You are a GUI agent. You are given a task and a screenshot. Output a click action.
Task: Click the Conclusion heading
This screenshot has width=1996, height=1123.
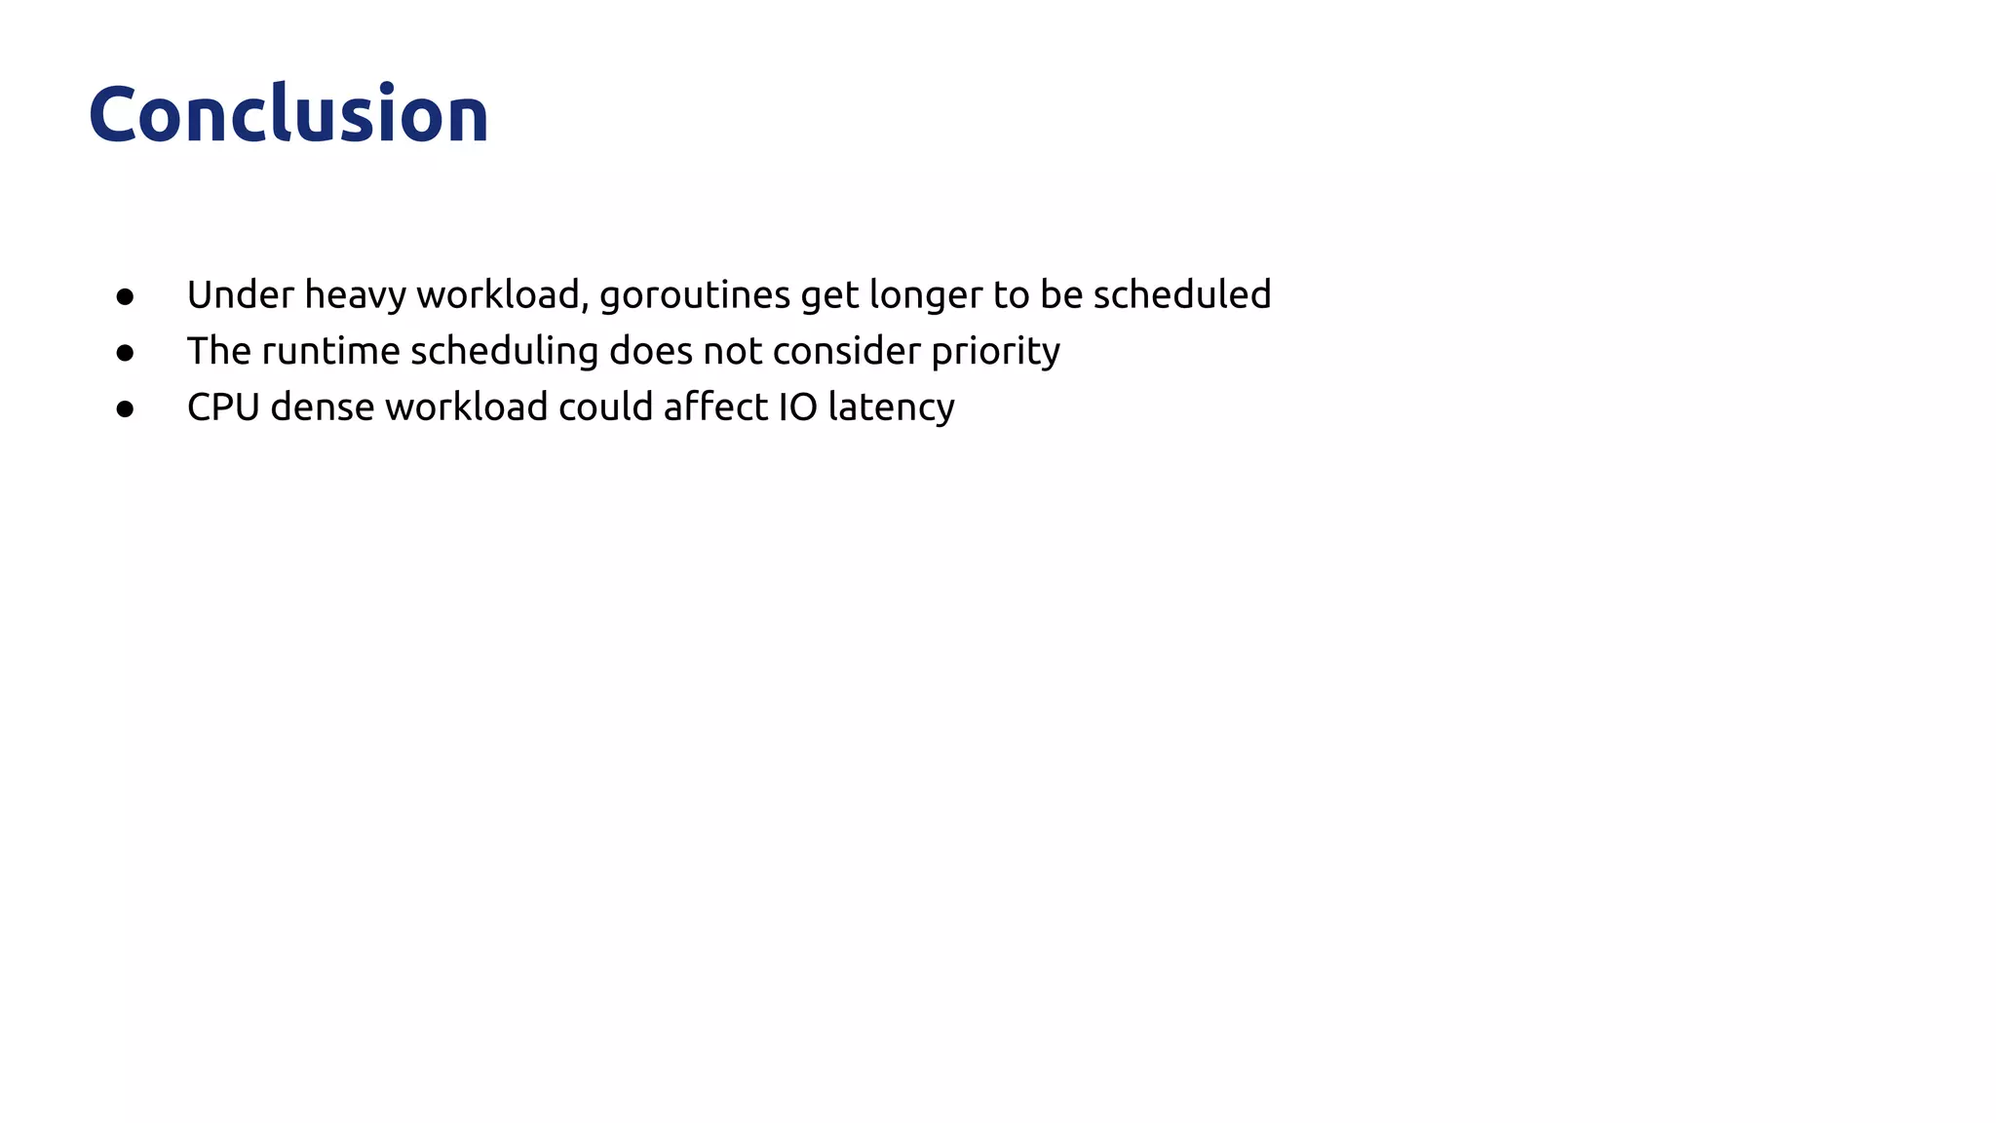coord(288,115)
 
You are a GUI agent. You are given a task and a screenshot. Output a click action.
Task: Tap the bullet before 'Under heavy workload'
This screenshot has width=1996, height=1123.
coord(125,296)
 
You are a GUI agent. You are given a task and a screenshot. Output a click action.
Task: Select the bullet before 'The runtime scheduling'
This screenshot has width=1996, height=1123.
coord(125,353)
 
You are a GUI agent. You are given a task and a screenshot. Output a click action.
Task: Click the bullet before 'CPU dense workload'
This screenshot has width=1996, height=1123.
coord(125,409)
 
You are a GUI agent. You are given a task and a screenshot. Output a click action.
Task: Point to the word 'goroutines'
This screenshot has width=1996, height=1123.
coord(695,295)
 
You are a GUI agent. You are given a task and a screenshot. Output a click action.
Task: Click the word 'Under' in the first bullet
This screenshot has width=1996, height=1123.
coord(241,294)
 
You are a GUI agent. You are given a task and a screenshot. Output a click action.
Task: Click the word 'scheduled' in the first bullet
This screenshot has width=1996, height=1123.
coord(1181,294)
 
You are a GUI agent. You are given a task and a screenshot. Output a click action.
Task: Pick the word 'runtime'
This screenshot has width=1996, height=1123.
coord(330,351)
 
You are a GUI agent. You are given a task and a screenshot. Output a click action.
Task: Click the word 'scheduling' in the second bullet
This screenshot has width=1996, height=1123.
coord(504,351)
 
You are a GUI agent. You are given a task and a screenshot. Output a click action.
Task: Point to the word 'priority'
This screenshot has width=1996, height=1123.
coord(995,352)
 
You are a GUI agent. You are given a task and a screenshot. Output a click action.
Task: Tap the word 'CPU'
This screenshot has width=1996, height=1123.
coord(223,407)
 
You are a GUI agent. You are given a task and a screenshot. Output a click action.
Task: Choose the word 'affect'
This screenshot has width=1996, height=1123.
coord(715,407)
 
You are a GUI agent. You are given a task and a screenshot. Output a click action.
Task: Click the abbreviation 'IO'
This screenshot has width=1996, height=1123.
coord(797,407)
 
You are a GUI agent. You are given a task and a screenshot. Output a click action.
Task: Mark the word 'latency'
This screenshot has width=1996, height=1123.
coord(891,407)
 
